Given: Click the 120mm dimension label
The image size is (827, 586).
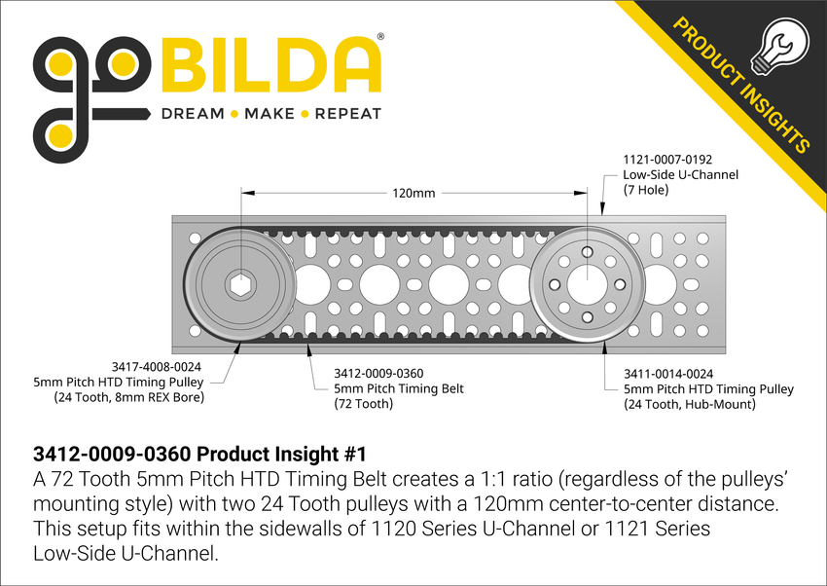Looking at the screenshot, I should (413, 194).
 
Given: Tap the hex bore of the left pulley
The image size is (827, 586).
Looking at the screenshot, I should (238, 285).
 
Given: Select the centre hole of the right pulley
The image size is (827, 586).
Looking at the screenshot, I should (588, 284).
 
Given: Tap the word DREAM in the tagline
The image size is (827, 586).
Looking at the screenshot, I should (192, 114).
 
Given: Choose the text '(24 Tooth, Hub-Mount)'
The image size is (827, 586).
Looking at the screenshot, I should (690, 404).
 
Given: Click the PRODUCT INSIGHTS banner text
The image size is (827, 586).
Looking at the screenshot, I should (740, 85).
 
